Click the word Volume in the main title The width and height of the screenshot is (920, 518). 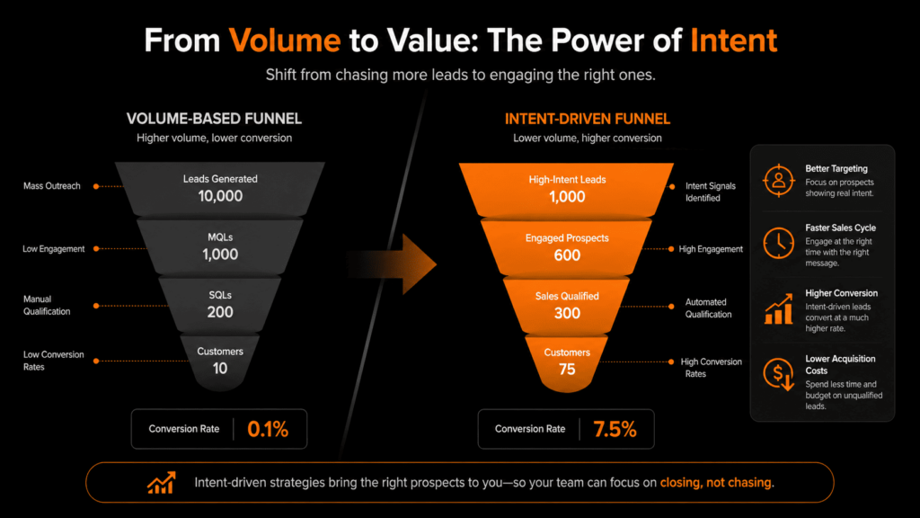click(x=284, y=40)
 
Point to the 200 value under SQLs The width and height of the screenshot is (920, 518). click(x=220, y=312)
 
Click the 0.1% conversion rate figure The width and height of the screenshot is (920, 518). click(x=267, y=430)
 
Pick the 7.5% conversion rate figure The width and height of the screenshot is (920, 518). click(x=615, y=430)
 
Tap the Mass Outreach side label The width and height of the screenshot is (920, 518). click(x=51, y=186)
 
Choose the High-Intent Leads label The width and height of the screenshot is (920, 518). click(x=567, y=180)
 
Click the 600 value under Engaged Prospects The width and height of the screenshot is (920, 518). click(x=567, y=255)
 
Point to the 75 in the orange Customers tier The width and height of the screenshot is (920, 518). click(x=567, y=368)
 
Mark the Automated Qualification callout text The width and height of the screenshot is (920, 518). click(x=708, y=308)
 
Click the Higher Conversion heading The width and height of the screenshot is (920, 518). click(x=841, y=293)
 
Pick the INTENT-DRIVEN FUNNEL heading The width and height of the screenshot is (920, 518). click(x=588, y=119)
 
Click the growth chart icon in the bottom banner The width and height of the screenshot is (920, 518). click(x=161, y=483)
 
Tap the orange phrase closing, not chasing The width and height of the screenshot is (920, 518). click(x=717, y=483)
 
